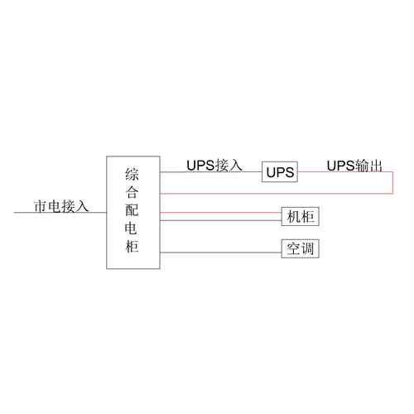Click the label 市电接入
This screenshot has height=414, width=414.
(x=61, y=206)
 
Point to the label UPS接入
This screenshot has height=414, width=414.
(x=214, y=166)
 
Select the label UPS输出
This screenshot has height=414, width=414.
(x=354, y=166)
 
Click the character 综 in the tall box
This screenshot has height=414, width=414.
(x=132, y=175)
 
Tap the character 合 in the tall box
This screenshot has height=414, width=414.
(x=132, y=192)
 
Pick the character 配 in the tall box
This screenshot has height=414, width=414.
(x=132, y=210)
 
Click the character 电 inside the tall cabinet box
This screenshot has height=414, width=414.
(x=132, y=228)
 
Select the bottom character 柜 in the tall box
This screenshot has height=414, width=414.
(x=132, y=246)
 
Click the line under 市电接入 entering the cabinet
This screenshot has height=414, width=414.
(x=60, y=213)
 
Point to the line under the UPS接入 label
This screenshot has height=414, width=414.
(x=211, y=172)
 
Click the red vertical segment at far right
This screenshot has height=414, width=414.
(x=392, y=183)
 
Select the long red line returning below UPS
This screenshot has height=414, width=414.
(x=276, y=194)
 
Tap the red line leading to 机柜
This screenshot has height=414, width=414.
(x=221, y=213)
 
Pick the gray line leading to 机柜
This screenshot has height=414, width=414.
(x=221, y=220)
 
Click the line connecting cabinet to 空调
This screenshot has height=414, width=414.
(x=221, y=253)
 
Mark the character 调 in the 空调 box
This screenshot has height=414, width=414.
(x=307, y=248)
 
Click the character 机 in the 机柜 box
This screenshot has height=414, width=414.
(x=293, y=216)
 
